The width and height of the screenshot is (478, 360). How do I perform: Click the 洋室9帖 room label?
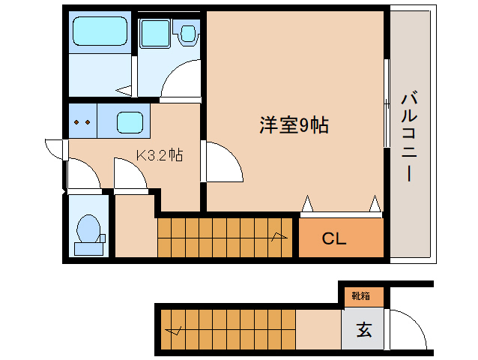[294, 125]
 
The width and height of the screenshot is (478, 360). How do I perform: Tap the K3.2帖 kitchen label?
[160, 155]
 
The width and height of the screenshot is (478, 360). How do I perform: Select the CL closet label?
[333, 239]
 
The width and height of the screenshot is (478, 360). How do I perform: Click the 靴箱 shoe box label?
[361, 295]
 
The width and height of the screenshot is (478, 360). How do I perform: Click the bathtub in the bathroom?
[100, 32]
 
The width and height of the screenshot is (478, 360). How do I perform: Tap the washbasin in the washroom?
[156, 34]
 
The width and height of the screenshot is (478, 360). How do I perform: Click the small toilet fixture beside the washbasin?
[187, 33]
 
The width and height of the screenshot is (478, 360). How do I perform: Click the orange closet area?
[342, 238]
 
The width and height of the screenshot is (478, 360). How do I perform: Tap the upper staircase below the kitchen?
[225, 237]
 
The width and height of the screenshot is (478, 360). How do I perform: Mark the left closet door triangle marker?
[307, 203]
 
